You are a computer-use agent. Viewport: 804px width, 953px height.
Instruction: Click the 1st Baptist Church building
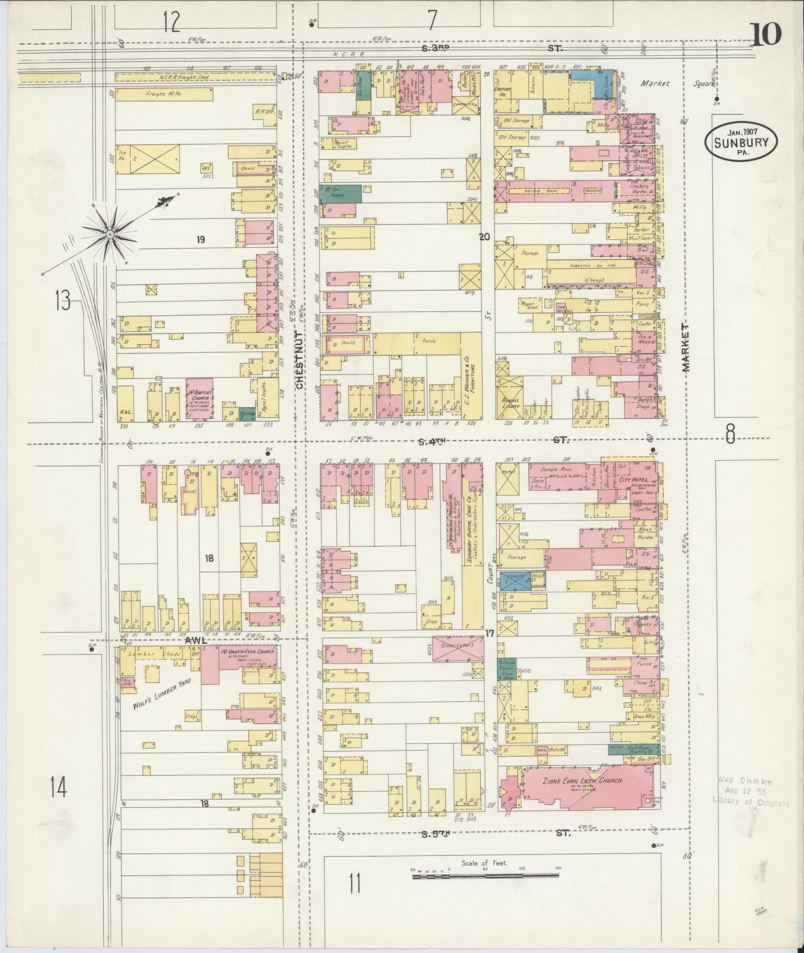click(200, 399)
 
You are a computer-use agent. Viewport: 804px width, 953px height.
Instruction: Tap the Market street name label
click(686, 347)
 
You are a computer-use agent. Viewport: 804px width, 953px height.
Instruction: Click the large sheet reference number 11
click(354, 897)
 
